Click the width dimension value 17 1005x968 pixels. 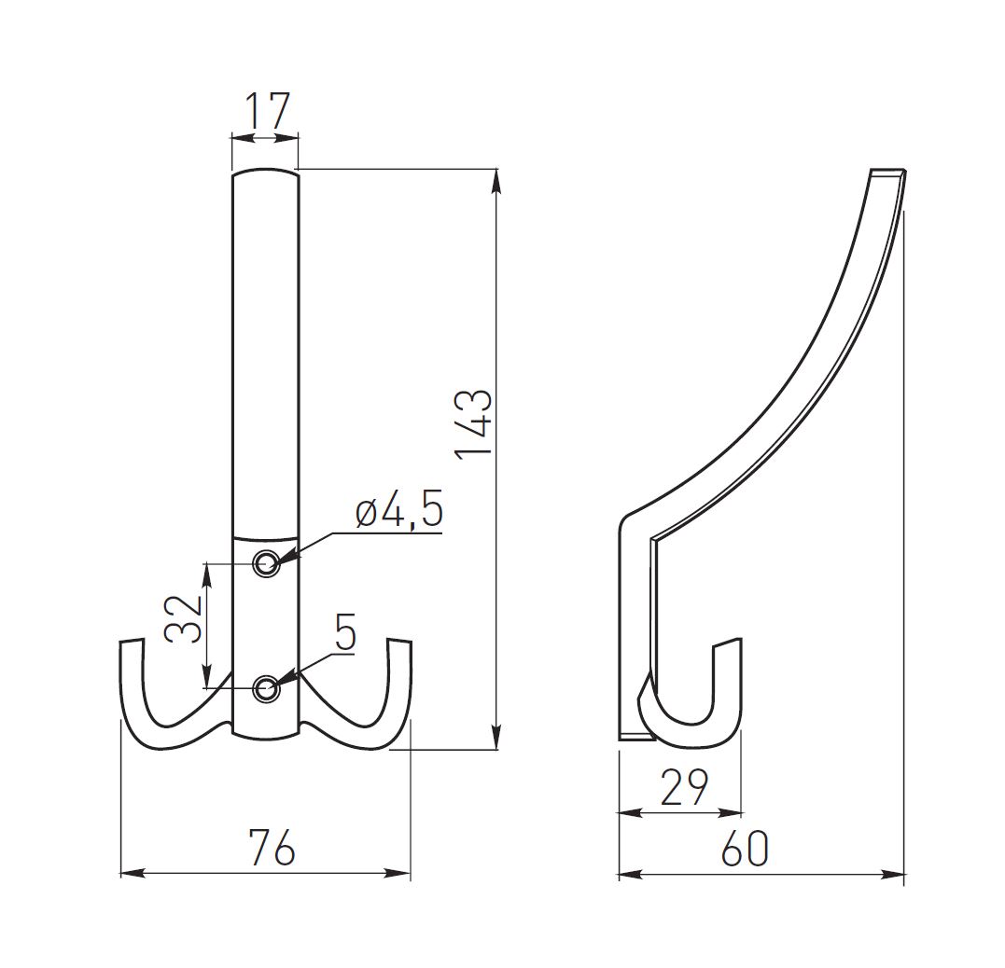pyautogui.click(x=266, y=111)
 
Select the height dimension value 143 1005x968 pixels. pyautogui.click(x=474, y=422)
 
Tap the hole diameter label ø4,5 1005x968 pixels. pyautogui.click(x=398, y=514)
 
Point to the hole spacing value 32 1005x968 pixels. pyautogui.click(x=184, y=616)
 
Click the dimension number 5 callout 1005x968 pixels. pyautogui.click(x=344, y=635)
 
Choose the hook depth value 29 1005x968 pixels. pyautogui.click(x=684, y=789)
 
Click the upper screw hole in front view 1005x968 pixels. pyautogui.click(x=267, y=562)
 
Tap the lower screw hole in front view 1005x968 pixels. pyautogui.click(x=267, y=688)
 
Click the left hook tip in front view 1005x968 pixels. pyautogui.click(x=132, y=643)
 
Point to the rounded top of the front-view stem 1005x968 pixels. pyautogui.click(x=266, y=173)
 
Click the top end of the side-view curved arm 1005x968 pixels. pyautogui.click(x=887, y=173)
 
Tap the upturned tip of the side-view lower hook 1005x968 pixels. pyautogui.click(x=728, y=644)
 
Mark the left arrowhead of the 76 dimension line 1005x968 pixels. pyautogui.click(x=129, y=874)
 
